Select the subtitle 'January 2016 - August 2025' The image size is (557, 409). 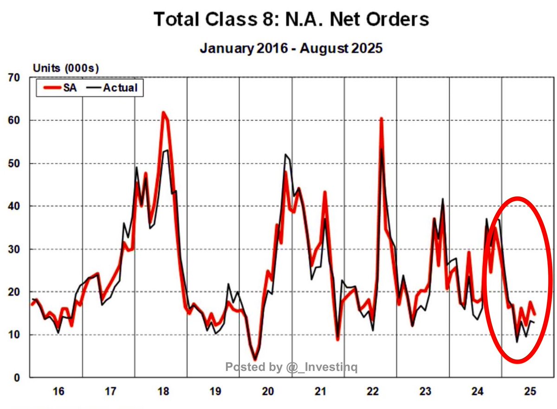[x=291, y=48]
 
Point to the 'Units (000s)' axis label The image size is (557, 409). [x=66, y=68]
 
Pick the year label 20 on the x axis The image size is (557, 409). [x=267, y=392]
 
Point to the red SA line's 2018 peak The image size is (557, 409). [x=163, y=112]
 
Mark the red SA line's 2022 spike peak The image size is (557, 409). [x=381, y=119]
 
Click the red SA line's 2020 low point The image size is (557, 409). [x=255, y=358]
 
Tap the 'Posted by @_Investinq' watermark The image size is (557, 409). [x=291, y=368]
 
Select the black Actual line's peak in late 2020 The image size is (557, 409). [x=285, y=155]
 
